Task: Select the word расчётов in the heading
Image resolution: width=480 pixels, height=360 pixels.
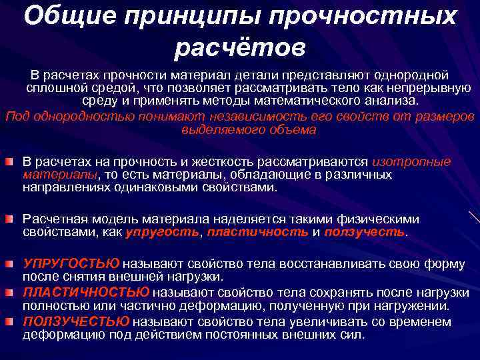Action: [x=240, y=47]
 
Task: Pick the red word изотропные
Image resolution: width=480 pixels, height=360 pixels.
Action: [x=411, y=162]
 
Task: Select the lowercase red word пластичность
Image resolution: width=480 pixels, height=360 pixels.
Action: [x=258, y=232]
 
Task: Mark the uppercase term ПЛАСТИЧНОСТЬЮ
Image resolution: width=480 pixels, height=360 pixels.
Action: [x=86, y=293]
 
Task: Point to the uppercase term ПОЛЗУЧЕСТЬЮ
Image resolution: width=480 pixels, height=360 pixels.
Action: [x=76, y=322]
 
